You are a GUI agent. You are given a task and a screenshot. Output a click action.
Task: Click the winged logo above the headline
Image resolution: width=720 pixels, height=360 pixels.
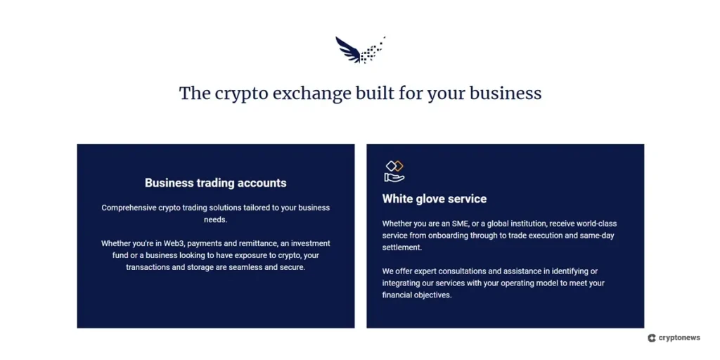pos(359,50)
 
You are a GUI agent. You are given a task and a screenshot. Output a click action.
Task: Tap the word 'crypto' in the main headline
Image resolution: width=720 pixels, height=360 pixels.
pos(238,94)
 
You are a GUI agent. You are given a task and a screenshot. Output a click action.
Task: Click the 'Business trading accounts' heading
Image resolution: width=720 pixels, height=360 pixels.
pos(215,183)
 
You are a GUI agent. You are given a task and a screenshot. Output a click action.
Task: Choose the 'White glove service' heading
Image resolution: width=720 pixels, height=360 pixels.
pos(434,199)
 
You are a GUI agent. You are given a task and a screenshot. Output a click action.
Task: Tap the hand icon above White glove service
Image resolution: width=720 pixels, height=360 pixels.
pos(394,171)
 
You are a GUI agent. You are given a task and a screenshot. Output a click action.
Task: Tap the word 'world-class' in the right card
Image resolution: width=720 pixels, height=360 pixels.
pos(595,224)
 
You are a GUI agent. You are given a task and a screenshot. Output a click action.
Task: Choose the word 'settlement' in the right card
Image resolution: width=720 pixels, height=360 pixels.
pos(401,247)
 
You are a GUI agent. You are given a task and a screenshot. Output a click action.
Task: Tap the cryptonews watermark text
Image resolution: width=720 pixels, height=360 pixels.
pos(679,337)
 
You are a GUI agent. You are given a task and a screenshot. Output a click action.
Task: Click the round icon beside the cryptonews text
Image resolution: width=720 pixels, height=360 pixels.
pos(652,337)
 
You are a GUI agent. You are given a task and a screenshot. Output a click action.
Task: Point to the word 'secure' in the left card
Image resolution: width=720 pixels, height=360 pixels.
pos(292,267)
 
